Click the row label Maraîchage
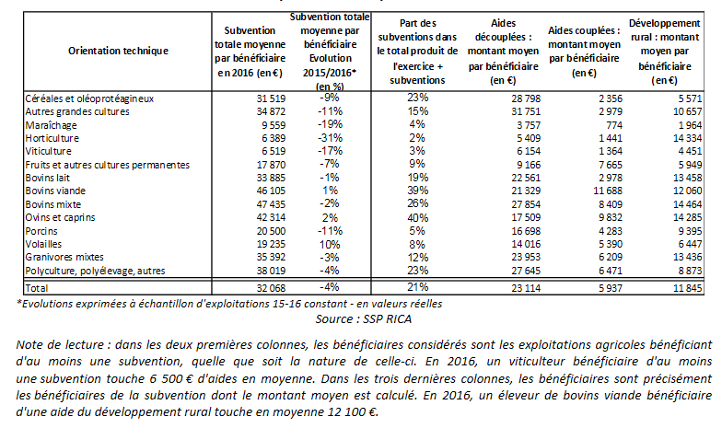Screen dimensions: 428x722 click(46, 124)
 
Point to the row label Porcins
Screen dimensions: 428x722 click(38, 230)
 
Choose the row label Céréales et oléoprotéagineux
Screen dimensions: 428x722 click(88, 98)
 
